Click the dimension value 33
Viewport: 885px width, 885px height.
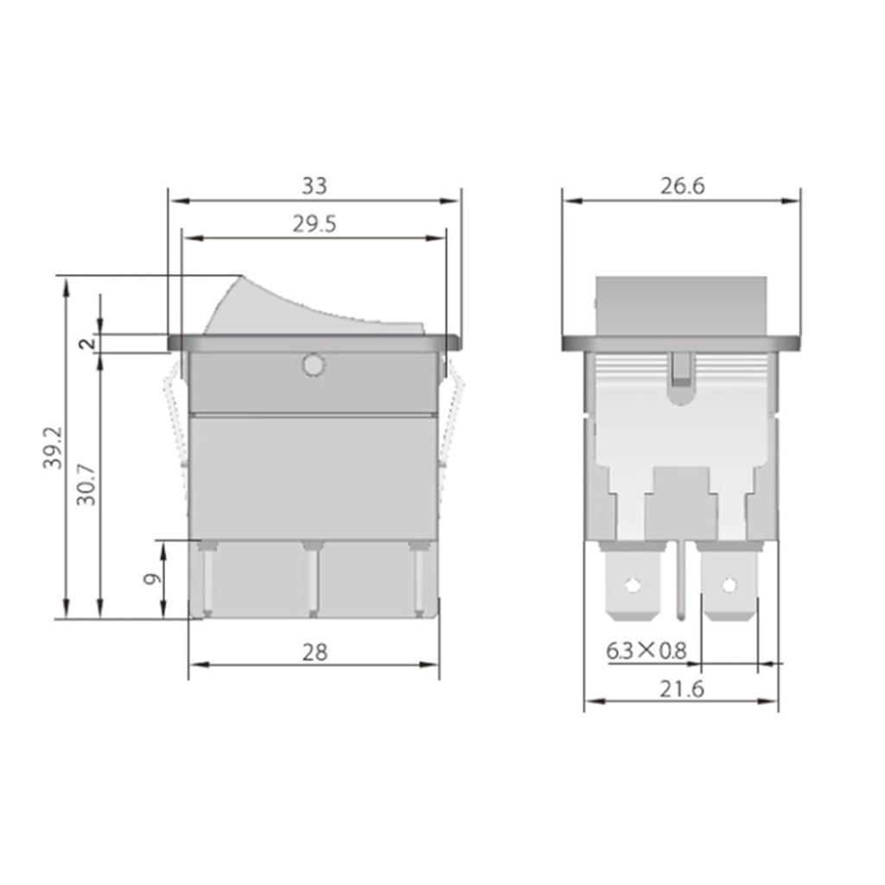(x=315, y=185)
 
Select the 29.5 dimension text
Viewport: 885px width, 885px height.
(x=314, y=224)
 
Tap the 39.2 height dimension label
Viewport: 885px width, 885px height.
(x=53, y=448)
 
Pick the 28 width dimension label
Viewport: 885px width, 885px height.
(x=315, y=652)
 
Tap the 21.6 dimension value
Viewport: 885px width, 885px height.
(x=681, y=689)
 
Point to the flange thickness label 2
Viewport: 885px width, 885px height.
(x=86, y=343)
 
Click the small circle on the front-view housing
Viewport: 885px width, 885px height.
(x=313, y=366)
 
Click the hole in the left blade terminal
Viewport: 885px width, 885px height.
(x=634, y=585)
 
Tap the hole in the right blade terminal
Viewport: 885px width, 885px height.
(x=729, y=585)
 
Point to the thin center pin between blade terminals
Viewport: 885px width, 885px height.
(x=682, y=579)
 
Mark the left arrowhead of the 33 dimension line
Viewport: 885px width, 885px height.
(x=175, y=201)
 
